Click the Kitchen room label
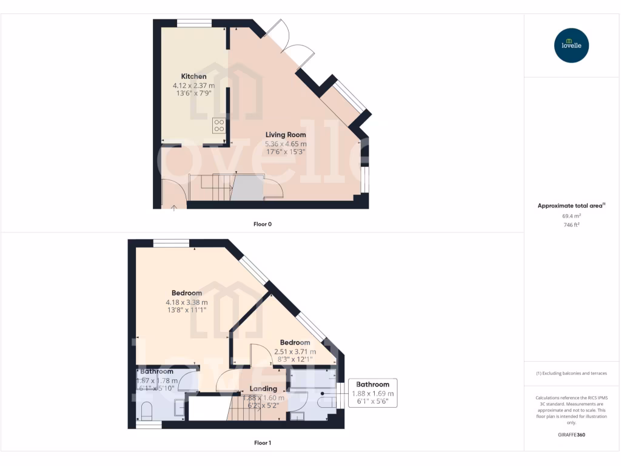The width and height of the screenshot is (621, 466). tap(193, 76)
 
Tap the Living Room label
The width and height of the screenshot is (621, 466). tap(286, 135)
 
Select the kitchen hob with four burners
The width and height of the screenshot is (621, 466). tap(219, 125)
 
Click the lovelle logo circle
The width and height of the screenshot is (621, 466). tap(572, 46)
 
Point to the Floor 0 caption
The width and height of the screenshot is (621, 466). tap(262, 224)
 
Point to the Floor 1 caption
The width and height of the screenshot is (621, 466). tap(262, 443)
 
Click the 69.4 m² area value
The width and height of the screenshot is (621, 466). tap(572, 215)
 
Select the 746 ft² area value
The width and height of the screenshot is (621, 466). tap(572, 225)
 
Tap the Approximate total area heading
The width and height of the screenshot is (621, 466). tap(570, 206)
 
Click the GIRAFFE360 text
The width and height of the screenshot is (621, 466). tap(572, 435)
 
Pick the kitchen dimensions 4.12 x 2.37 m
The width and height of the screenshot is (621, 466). tap(193, 86)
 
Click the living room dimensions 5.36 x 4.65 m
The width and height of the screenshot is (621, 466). tap(286, 144)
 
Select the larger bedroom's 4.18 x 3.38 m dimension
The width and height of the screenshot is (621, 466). tap(187, 302)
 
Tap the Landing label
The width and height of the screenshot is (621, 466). tap(263, 388)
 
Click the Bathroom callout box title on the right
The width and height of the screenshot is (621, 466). tap(372, 384)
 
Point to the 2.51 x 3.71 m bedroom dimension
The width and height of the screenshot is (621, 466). tap(295, 351)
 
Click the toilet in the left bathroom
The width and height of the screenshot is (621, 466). tap(146, 414)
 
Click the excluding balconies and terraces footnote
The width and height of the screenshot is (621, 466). tap(572, 373)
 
